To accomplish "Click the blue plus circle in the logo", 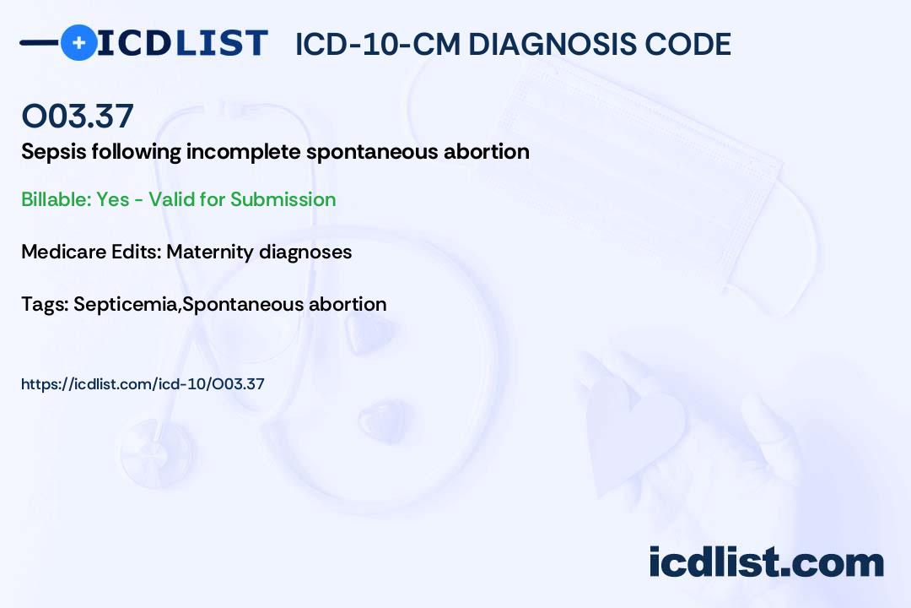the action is click(78, 42).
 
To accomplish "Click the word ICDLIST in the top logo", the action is click(182, 43).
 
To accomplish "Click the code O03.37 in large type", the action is click(78, 116).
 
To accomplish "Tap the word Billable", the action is click(57, 199).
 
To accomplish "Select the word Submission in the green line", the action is click(283, 199).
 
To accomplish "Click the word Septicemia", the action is click(126, 305).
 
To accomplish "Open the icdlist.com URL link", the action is click(143, 384).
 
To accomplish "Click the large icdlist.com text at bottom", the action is click(766, 562).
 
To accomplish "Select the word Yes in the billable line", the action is click(113, 199).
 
